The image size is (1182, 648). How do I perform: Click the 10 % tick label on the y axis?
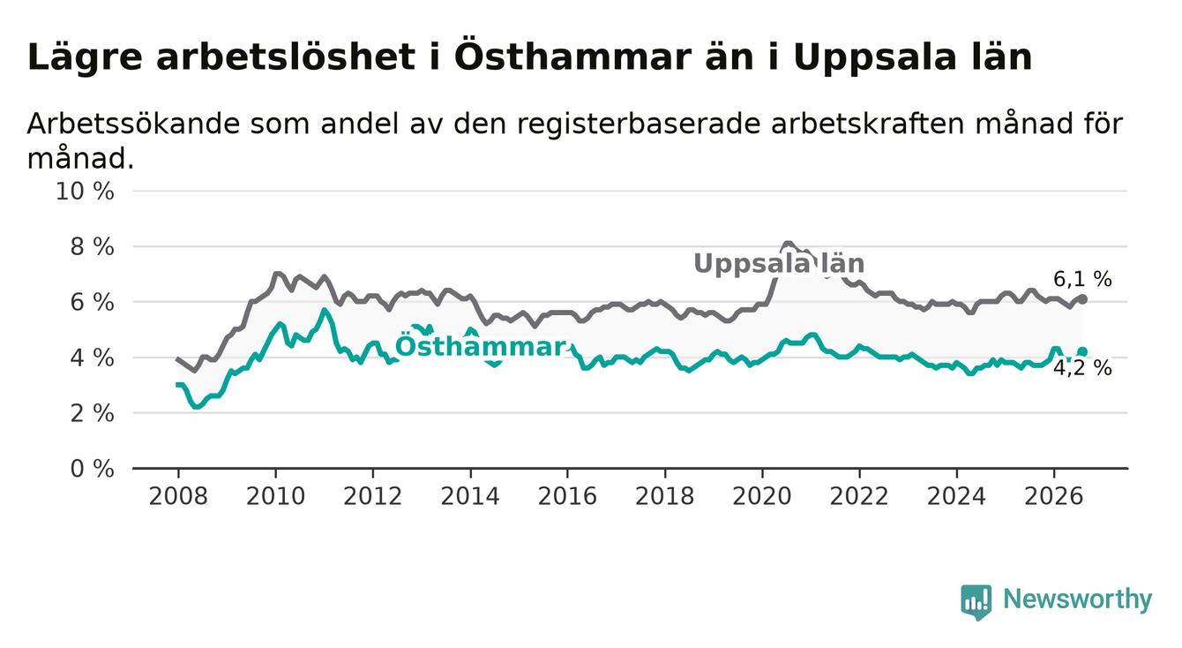(85, 192)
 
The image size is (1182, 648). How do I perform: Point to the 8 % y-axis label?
(92, 247)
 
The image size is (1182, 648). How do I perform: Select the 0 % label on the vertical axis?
(92, 469)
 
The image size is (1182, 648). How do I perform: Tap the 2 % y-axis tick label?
(92, 413)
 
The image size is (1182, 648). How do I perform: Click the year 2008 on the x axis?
(178, 496)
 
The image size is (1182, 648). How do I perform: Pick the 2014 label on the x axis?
(470, 496)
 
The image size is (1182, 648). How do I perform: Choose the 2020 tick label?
(762, 496)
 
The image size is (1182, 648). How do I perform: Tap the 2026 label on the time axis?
(1054, 496)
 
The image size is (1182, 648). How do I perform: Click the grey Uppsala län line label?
(779, 263)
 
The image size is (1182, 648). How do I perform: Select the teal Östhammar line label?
(481, 346)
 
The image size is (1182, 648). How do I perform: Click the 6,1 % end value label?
(1082, 279)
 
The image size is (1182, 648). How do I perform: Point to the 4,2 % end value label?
(1082, 368)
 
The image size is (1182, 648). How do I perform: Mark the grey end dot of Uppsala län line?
(1082, 299)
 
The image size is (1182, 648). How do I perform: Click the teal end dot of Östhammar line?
(1082, 352)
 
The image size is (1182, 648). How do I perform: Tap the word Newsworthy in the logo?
(1078, 599)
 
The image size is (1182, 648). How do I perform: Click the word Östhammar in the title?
(572, 57)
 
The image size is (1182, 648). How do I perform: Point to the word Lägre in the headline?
(85, 58)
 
